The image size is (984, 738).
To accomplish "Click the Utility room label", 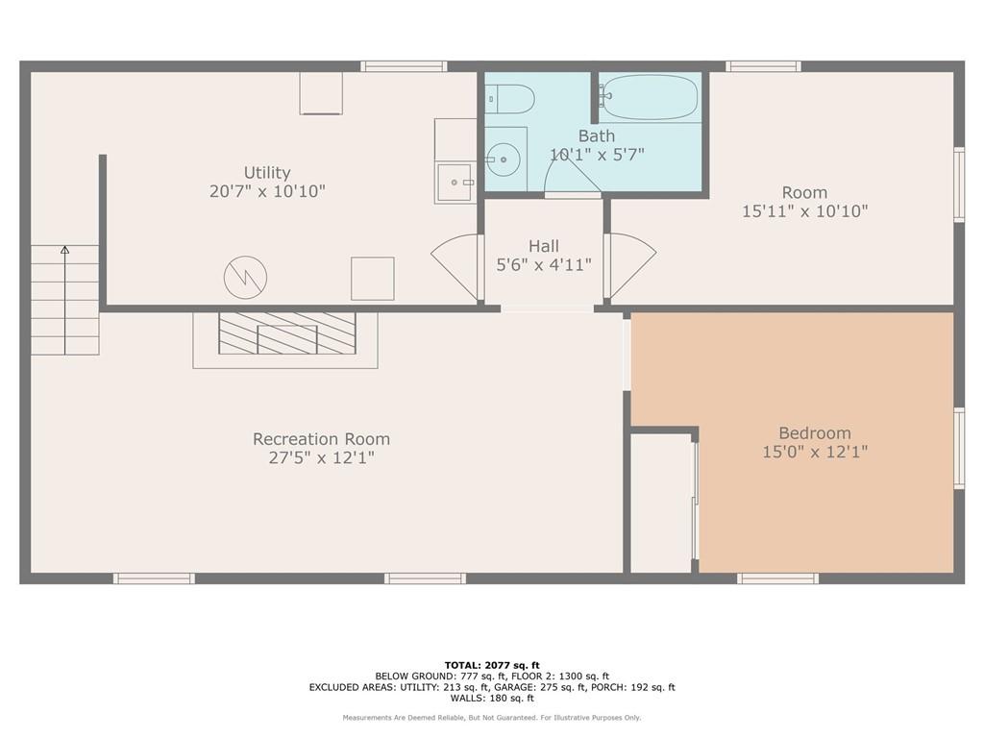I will click(x=267, y=173).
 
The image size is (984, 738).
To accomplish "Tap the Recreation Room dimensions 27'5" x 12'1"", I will click(x=321, y=458).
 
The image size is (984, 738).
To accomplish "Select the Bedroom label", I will click(x=814, y=433).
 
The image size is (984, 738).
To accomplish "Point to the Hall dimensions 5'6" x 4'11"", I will click(x=543, y=264).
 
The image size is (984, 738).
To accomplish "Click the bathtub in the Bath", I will click(x=650, y=97).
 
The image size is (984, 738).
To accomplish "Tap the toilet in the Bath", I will click(x=509, y=98).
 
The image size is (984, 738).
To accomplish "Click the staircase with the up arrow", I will click(x=64, y=300).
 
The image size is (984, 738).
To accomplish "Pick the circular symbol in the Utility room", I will click(x=245, y=279).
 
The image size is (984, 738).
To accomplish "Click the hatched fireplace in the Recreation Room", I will click(x=286, y=333).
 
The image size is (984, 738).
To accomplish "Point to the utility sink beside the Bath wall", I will click(x=455, y=182).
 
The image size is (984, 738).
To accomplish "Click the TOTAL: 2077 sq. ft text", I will click(x=492, y=665).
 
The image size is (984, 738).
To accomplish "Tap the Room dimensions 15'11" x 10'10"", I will click(x=804, y=210).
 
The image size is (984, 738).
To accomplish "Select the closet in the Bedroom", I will click(x=661, y=502).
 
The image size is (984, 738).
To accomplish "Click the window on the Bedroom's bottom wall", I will click(x=777, y=578).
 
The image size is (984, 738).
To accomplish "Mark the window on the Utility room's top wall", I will click(x=404, y=66).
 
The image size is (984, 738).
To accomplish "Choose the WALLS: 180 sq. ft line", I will click(x=492, y=699).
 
